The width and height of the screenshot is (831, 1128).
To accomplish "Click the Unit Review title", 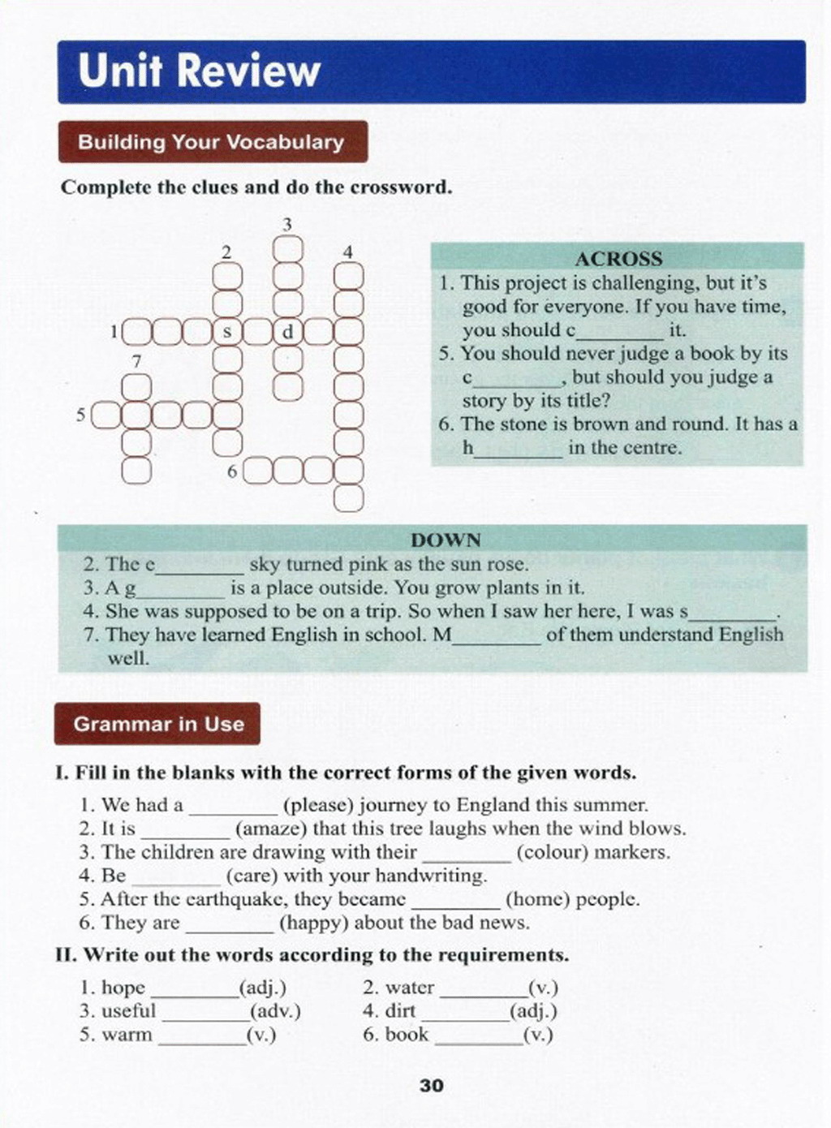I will click(x=199, y=71).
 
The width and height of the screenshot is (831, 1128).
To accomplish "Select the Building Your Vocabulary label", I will click(x=211, y=142).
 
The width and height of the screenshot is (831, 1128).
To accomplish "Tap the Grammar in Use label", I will click(x=158, y=724).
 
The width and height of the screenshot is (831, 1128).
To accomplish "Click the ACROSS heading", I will click(x=618, y=259).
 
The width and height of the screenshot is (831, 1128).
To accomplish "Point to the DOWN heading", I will click(x=446, y=540).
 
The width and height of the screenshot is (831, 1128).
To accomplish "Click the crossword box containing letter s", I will click(x=227, y=331).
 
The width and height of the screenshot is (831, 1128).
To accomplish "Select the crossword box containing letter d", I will click(x=287, y=331).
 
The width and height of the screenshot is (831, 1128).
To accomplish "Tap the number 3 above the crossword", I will click(x=286, y=224).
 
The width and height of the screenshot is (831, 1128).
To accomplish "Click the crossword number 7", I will click(x=136, y=361).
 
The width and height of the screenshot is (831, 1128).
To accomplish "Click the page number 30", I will click(x=432, y=1086).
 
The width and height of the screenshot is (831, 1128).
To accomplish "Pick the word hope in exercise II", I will click(x=123, y=988).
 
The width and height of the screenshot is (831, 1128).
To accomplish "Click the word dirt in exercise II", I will click(x=400, y=1011).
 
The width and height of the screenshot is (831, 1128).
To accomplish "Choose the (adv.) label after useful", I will click(x=275, y=1011).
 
